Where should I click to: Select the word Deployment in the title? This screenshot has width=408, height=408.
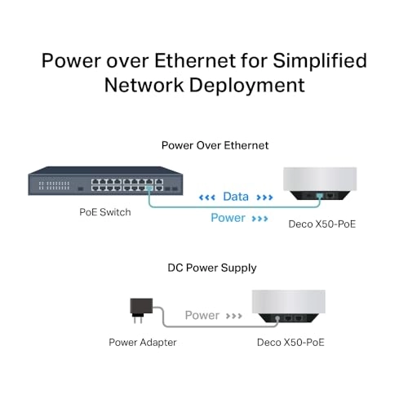tap(246, 86)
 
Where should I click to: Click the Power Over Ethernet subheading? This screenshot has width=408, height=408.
tap(203, 145)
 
